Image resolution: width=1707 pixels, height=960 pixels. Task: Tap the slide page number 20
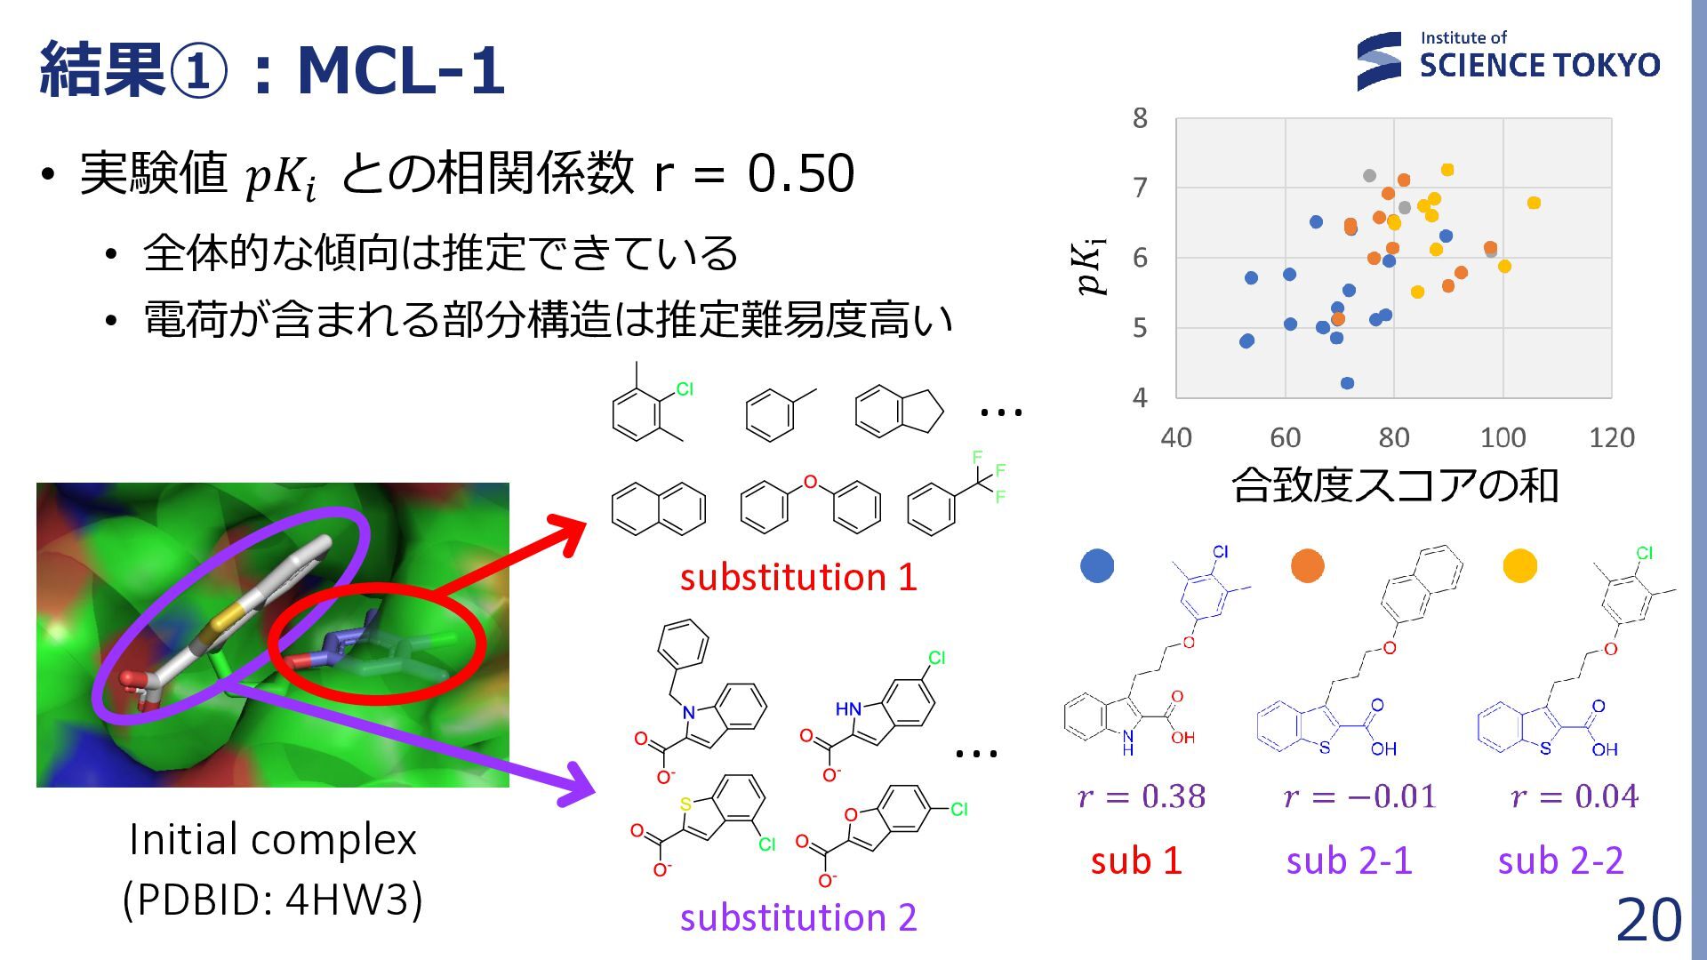click(1648, 919)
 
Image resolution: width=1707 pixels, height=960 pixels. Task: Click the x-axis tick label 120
click(1611, 437)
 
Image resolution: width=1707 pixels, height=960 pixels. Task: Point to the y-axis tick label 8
click(1140, 117)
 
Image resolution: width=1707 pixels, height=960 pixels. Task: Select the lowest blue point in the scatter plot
click(1347, 383)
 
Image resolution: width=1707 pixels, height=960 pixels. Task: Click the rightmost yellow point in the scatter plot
click(1534, 203)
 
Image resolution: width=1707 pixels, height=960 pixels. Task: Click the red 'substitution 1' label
click(797, 577)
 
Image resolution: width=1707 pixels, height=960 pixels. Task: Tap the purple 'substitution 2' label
click(797, 916)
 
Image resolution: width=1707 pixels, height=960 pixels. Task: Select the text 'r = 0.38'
click(1142, 796)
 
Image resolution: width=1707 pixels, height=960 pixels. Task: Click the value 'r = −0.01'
click(1359, 796)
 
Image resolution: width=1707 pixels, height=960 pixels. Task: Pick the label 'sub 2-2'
click(1560, 860)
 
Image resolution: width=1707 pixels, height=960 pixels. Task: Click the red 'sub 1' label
click(1136, 860)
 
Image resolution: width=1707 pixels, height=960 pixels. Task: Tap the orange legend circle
click(1307, 565)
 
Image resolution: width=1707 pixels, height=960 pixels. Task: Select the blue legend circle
click(1097, 565)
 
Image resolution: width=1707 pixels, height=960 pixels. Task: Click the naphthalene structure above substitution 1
click(659, 508)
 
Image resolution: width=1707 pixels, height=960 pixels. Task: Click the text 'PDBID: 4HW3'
click(272, 899)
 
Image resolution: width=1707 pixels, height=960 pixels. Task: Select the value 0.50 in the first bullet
click(800, 172)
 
